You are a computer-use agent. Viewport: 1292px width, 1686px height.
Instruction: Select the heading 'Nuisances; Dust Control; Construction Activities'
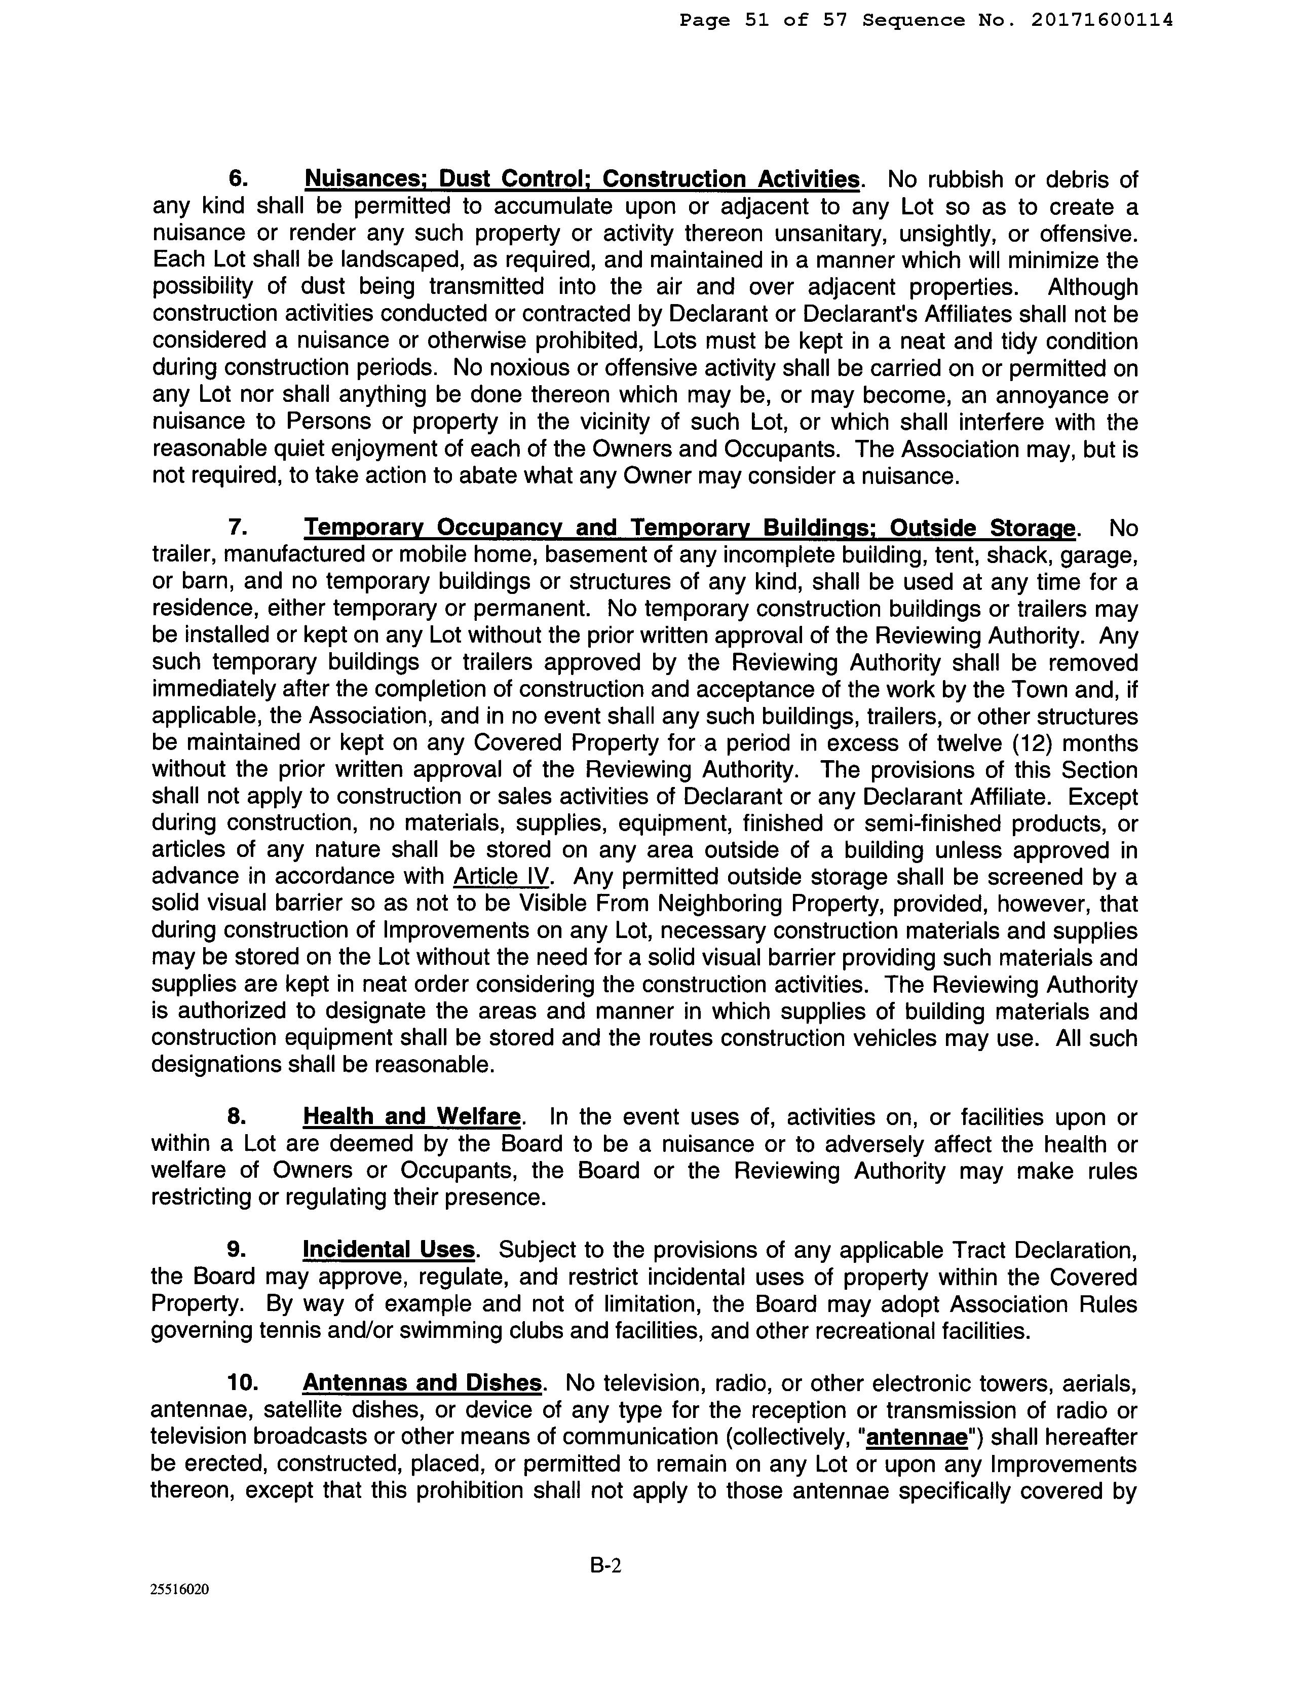coord(582,180)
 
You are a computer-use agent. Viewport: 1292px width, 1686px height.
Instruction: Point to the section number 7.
coord(238,529)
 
